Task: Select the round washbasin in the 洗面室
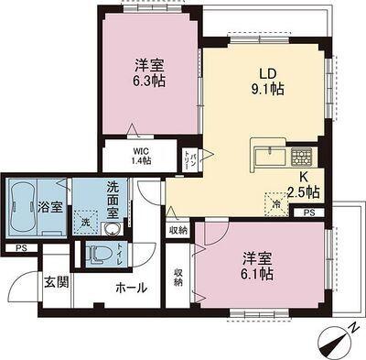pyautogui.click(x=113, y=229)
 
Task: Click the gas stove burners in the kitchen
pyautogui.click(x=301, y=157)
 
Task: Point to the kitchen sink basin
pyautogui.click(x=270, y=158)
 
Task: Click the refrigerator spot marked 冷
pyautogui.click(x=276, y=204)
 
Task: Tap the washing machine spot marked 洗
pyautogui.click(x=86, y=223)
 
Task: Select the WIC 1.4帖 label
pyautogui.click(x=140, y=156)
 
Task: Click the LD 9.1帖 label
pyautogui.click(x=267, y=82)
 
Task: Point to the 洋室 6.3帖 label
pyautogui.click(x=149, y=72)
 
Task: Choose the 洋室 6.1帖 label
pyautogui.click(x=256, y=266)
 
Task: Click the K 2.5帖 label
pyautogui.click(x=304, y=186)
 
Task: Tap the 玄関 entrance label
pyautogui.click(x=57, y=282)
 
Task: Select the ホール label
pyautogui.click(x=132, y=287)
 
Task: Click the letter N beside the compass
pyautogui.click(x=353, y=328)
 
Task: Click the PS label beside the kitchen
pyautogui.click(x=309, y=213)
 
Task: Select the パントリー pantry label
pyautogui.click(x=189, y=159)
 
